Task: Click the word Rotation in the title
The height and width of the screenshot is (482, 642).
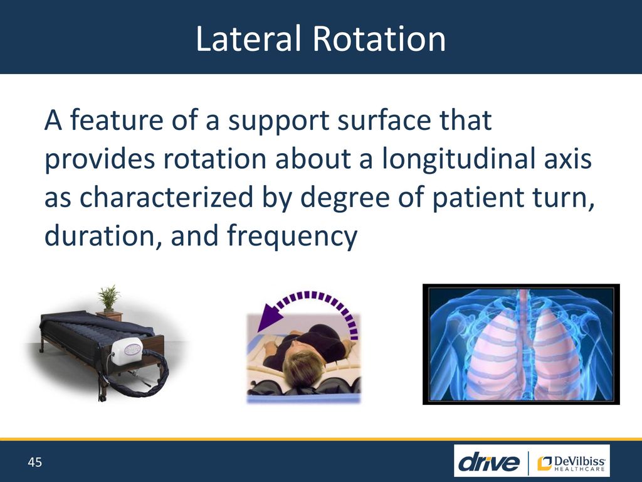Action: point(379,38)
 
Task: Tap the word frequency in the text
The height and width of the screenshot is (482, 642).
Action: point(292,237)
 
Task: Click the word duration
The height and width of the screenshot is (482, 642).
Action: point(102,236)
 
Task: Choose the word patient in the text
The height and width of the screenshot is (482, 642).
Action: point(477,198)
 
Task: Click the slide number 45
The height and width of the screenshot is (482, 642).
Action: point(35,463)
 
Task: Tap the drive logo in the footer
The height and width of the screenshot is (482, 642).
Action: point(489,463)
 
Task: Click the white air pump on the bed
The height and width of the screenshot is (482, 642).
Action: point(127,351)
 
